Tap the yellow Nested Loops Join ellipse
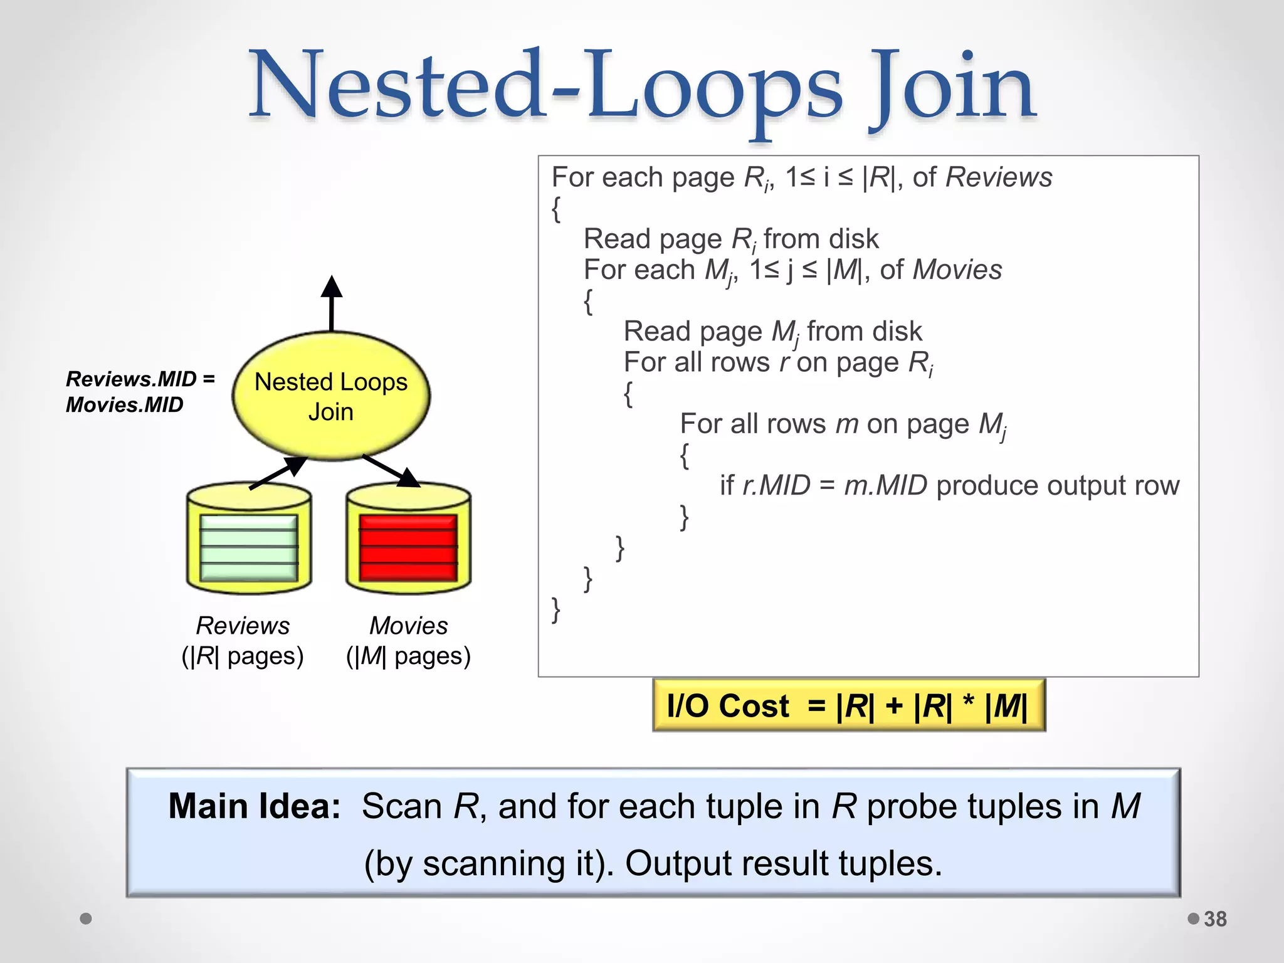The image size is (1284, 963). (331, 396)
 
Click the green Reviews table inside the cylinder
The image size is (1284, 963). (249, 547)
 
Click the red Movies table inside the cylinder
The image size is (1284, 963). (408, 547)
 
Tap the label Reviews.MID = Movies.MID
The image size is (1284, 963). (139, 392)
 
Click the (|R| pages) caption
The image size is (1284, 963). (243, 656)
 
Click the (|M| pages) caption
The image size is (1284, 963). (408, 656)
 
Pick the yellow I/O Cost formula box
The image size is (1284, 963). (848, 706)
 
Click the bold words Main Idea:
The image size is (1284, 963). (254, 806)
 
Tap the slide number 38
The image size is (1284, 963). (1215, 919)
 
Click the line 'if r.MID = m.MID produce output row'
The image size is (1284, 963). (949, 486)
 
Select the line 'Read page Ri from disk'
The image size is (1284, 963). (731, 239)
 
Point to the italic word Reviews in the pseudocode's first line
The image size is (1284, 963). (998, 177)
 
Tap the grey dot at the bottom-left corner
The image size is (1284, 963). (86, 918)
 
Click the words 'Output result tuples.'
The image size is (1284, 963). (784, 863)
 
